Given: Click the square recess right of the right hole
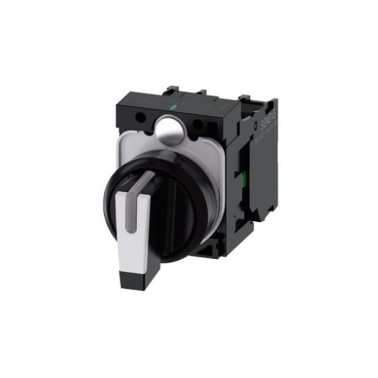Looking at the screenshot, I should point(216,130).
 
